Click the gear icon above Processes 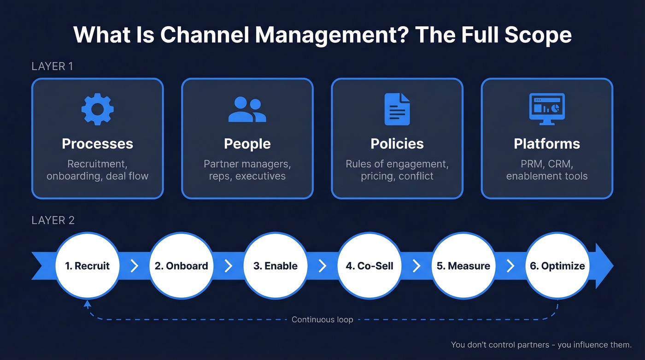click(x=97, y=109)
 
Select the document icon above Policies click(x=397, y=109)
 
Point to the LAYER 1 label click(x=52, y=66)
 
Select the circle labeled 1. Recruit click(x=87, y=266)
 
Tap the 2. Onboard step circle click(x=181, y=266)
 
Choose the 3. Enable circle click(x=275, y=266)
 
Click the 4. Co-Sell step click(x=369, y=266)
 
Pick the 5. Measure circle click(x=463, y=266)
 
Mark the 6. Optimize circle click(x=557, y=266)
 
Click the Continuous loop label click(x=322, y=319)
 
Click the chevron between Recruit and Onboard click(x=134, y=266)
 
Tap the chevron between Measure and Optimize click(x=510, y=266)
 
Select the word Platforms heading click(x=547, y=144)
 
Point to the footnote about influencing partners click(x=541, y=345)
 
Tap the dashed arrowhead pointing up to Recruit click(x=87, y=303)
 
